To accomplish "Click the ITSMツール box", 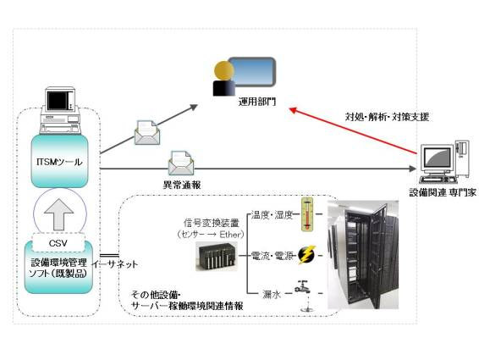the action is pyautogui.click(x=59, y=161).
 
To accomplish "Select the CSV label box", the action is pyautogui.click(x=58, y=243).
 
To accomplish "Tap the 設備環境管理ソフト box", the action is pyautogui.click(x=58, y=268).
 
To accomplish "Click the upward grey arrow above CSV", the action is pyautogui.click(x=59, y=214).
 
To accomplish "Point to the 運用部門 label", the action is pyautogui.click(x=257, y=102).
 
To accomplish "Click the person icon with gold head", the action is pyautogui.click(x=224, y=79).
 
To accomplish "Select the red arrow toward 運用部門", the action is pyautogui.click(x=353, y=130).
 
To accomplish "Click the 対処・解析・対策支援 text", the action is pyautogui.click(x=387, y=117).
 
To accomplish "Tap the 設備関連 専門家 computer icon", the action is pyautogui.click(x=444, y=162).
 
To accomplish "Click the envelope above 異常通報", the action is pyautogui.click(x=181, y=163).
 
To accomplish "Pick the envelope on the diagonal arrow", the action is pyautogui.click(x=147, y=133).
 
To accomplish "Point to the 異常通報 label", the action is pyautogui.click(x=182, y=185).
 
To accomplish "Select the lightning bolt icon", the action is pyautogui.click(x=306, y=255).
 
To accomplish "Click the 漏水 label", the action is pyautogui.click(x=272, y=295).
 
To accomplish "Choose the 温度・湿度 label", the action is pyautogui.click(x=272, y=215).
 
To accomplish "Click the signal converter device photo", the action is pyautogui.click(x=217, y=257).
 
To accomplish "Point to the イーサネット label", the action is pyautogui.click(x=115, y=264).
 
